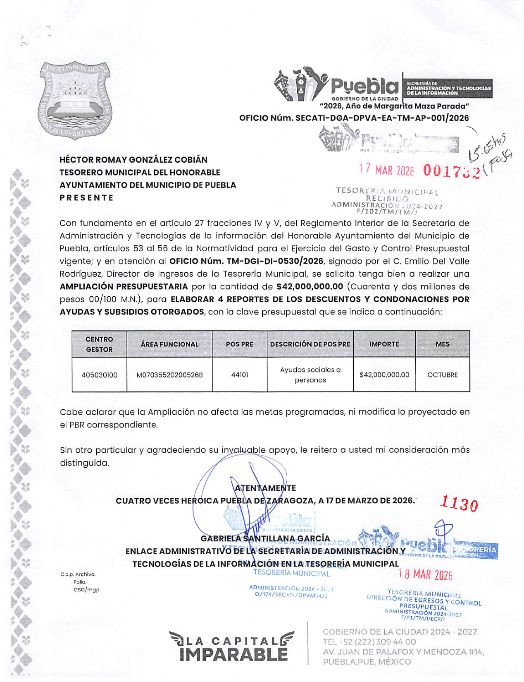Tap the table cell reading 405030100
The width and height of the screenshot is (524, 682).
[99, 375]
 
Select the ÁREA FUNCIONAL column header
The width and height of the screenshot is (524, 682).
[169, 344]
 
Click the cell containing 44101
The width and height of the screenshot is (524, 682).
[240, 375]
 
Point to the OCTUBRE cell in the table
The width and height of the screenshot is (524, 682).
[443, 375]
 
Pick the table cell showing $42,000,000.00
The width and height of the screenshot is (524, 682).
[384, 375]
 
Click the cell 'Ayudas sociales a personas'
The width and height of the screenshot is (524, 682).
[310, 375]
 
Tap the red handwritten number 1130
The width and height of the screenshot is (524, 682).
[459, 504]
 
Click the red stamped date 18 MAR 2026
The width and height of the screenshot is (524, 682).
[425, 575]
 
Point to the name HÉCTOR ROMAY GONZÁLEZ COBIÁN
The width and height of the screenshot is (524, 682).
[133, 160]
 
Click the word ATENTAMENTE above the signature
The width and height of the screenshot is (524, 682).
[265, 488]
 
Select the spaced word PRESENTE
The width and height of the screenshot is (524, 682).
[86, 198]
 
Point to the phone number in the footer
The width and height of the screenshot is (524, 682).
[369, 642]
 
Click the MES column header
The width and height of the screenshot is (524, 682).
[443, 344]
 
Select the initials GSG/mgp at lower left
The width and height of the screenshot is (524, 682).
[86, 590]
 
